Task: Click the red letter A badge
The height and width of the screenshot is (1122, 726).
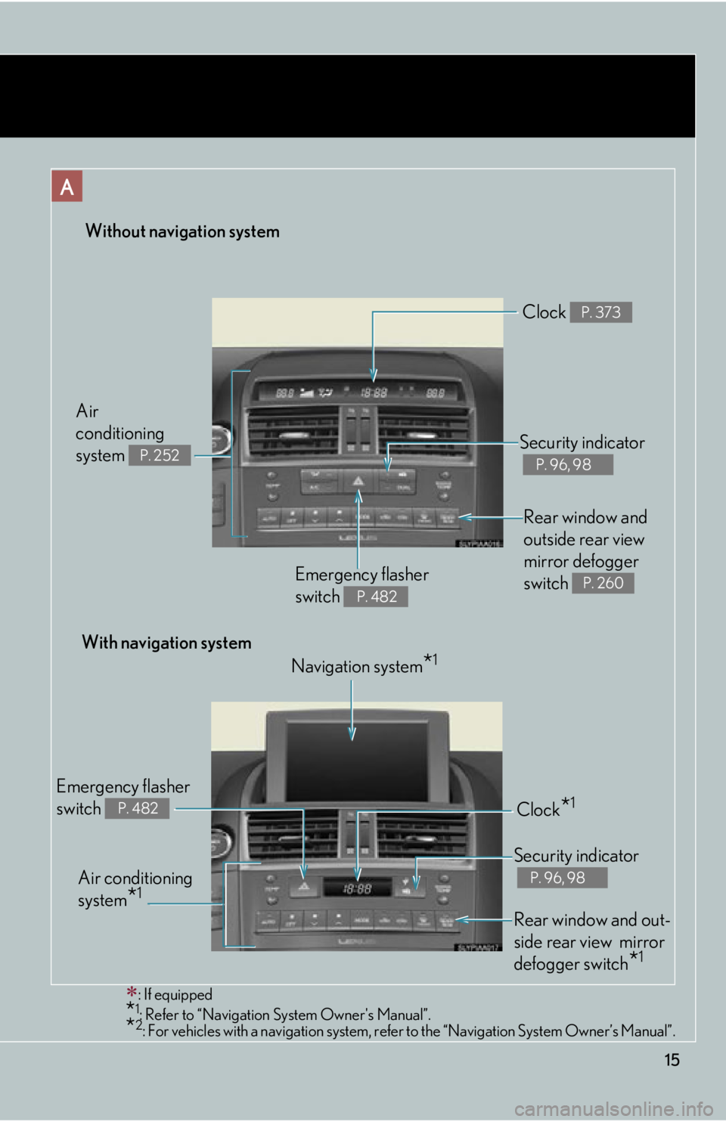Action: click(x=67, y=186)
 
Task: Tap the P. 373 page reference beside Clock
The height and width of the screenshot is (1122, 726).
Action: click(x=601, y=312)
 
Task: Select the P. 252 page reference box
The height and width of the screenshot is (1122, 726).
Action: click(x=160, y=455)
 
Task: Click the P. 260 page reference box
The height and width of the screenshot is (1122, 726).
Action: click(x=603, y=583)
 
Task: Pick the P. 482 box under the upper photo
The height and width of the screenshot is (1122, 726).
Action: click(x=376, y=597)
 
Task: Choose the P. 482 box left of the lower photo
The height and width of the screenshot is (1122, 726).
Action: click(x=138, y=808)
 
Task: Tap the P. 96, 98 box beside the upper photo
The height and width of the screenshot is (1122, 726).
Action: click(x=567, y=464)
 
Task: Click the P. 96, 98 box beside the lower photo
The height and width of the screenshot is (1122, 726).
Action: click(x=562, y=878)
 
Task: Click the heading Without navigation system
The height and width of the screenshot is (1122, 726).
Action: click(x=182, y=231)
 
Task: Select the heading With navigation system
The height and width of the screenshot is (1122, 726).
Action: click(x=166, y=643)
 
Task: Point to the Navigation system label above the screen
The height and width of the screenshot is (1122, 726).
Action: click(x=357, y=666)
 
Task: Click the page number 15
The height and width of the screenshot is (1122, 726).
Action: click(x=672, y=1060)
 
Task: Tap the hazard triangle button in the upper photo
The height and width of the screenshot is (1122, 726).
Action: click(x=358, y=481)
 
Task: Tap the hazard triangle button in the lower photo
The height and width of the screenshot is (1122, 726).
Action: click(x=303, y=887)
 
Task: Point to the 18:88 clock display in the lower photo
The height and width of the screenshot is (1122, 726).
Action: click(x=358, y=888)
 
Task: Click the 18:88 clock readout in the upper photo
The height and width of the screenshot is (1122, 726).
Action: click(x=374, y=392)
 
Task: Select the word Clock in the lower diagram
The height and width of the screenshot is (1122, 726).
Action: click(x=538, y=810)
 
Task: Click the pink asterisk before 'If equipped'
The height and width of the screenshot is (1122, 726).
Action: click(x=132, y=992)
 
